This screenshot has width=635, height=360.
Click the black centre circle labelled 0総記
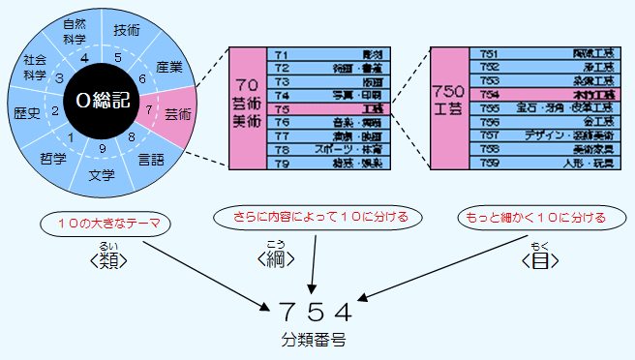pos(102,100)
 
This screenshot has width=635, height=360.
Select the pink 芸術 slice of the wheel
pos(176,113)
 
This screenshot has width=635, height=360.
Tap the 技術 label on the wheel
pos(127,29)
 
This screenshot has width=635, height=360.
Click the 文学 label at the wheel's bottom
pos(102,176)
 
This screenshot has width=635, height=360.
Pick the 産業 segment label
pos(168,67)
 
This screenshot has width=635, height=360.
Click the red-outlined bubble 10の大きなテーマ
pos(106,225)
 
